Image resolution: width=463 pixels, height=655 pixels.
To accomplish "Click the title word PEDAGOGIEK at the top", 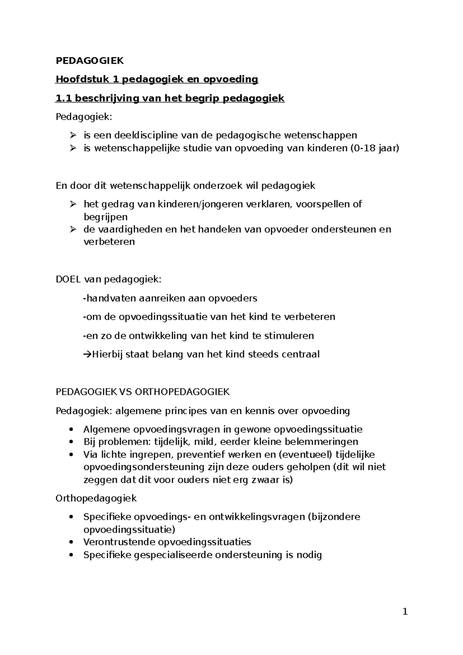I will [90, 61].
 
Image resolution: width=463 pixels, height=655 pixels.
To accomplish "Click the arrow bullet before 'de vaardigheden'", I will [73, 229].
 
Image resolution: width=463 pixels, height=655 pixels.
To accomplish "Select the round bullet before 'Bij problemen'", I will [70, 442].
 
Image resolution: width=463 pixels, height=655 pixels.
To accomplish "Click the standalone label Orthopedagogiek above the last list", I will [96, 498].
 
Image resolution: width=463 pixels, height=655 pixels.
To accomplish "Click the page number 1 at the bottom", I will [405, 611].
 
